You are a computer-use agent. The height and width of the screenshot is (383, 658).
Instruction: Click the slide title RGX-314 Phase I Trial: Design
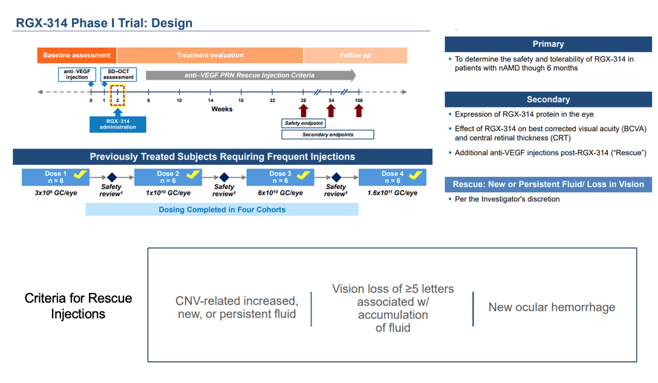pos(103,24)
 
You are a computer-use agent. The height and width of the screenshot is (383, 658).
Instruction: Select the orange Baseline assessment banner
pos(77,56)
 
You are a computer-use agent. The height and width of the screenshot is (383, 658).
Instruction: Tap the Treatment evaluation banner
pos(210,56)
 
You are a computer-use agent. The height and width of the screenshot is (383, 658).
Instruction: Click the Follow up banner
pos(355,56)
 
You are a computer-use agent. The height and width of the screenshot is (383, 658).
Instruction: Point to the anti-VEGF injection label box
pos(77,74)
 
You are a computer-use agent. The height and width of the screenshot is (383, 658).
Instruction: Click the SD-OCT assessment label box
pos(118,74)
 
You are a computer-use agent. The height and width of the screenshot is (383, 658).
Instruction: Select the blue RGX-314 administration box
pos(118,124)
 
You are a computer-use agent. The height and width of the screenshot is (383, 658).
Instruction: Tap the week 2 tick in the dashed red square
pos(117,95)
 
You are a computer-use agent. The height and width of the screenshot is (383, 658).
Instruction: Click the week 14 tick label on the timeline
pos(210,100)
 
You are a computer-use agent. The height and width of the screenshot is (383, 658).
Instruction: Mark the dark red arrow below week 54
pos(330,110)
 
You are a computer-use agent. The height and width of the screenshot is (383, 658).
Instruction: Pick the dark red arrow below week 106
pos(359,110)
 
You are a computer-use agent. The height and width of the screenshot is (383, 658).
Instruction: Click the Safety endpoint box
pos(304,123)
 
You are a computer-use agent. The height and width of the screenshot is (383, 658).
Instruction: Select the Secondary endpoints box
pos(328,135)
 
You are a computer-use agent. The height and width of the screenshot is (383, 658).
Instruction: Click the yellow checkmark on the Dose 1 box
pos(80,175)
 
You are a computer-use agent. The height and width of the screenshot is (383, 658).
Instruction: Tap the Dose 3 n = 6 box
pos(279,177)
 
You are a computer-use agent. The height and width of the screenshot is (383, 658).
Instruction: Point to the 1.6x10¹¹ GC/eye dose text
pos(392,193)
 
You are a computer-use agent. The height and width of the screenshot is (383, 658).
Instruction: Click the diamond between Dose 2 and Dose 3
pos(224,177)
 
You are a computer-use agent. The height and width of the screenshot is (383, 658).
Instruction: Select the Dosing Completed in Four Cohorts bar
pos(222,210)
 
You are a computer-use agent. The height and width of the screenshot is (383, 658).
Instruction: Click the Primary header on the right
pos(548,44)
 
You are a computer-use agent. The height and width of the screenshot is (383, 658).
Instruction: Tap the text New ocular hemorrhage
pos(552,307)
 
